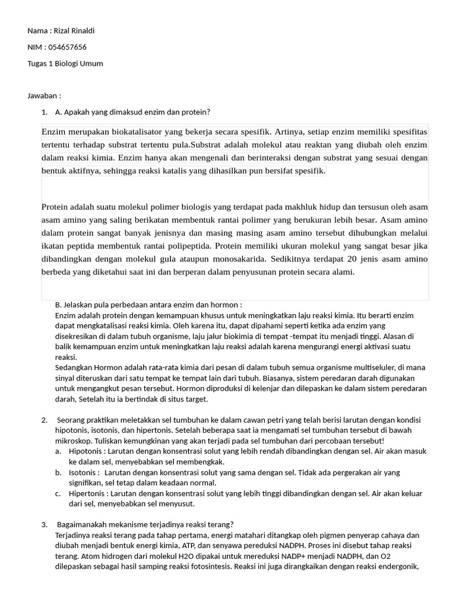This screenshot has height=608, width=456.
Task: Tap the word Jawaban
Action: pyautogui.click(x=43, y=96)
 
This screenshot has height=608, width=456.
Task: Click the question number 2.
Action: pyautogui.click(x=45, y=420)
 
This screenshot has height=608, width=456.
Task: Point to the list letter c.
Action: pyautogui.click(x=58, y=493)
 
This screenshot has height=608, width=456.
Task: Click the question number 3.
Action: pyautogui.click(x=45, y=524)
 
